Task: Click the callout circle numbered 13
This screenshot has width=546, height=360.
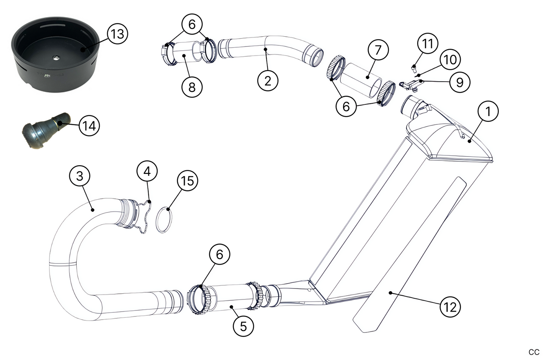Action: pos(118,34)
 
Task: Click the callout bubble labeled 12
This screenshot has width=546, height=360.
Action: pos(450,306)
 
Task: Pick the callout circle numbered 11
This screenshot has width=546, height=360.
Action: pos(427,43)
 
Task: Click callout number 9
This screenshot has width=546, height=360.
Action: pos(460,82)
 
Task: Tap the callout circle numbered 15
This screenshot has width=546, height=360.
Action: pos(188,181)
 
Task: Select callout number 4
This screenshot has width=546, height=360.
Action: pos(147,171)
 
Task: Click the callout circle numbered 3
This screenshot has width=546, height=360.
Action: pos(80,177)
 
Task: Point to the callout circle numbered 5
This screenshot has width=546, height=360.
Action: pos(243,326)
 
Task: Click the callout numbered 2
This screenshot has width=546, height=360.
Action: pos(268,80)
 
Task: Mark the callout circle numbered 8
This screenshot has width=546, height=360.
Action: pos(192,87)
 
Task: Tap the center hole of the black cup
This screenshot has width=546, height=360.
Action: pos(56,57)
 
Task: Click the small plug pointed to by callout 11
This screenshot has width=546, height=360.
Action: pos(414,68)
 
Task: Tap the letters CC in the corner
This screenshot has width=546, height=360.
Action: pos(534,352)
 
